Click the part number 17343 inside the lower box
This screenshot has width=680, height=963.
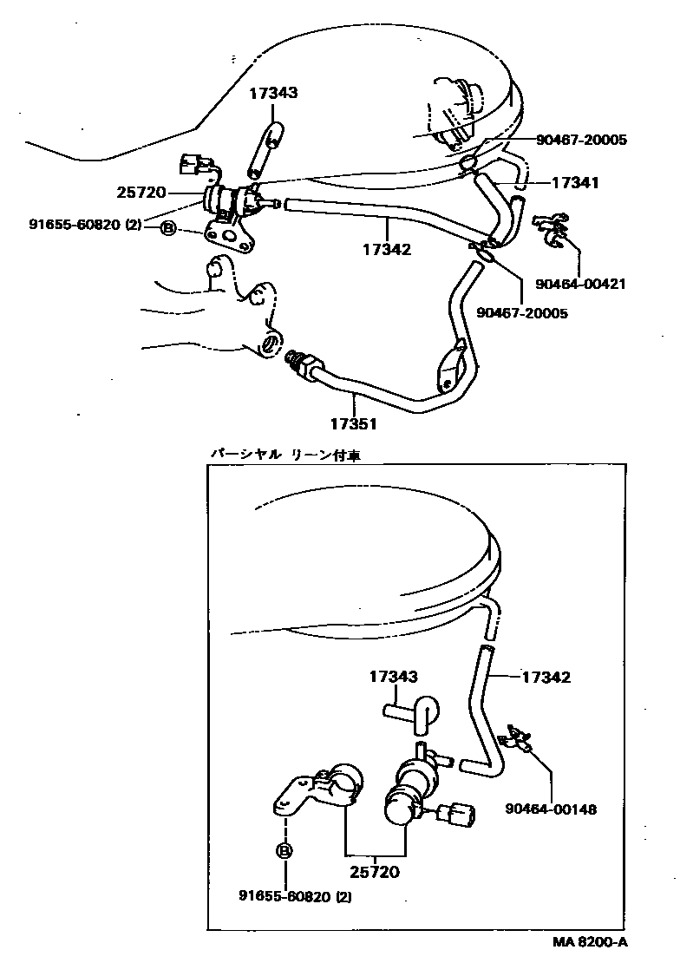click(394, 677)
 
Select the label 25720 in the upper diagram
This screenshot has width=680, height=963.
click(141, 193)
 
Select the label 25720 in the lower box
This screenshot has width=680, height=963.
click(375, 871)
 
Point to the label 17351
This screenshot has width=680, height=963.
click(353, 425)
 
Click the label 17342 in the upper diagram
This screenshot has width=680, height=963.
click(387, 249)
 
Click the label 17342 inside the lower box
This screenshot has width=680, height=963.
click(546, 677)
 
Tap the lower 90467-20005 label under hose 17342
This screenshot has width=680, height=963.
click(521, 312)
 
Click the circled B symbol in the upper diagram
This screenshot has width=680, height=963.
click(167, 228)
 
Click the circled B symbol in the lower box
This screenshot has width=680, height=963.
click(284, 851)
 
